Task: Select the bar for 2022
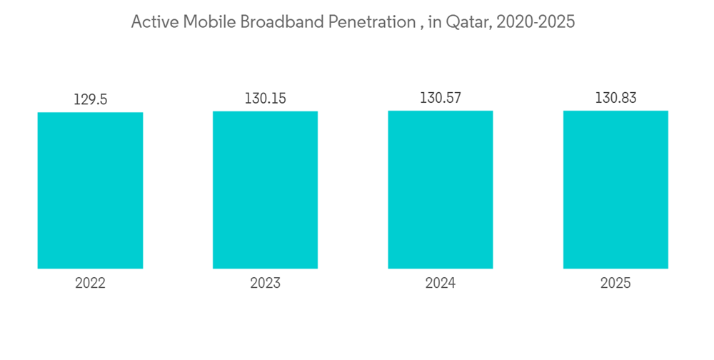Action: [x=90, y=190]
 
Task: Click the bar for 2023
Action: [x=265, y=190]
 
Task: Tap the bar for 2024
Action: [x=441, y=189]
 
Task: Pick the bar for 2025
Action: [x=615, y=189]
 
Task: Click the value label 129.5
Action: [x=90, y=100]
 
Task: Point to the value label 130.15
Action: [x=265, y=99]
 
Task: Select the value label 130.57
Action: [x=441, y=98]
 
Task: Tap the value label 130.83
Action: [x=615, y=98]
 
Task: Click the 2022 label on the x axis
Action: [x=90, y=284]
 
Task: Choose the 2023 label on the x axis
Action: [x=265, y=284]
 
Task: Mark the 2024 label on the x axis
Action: [x=441, y=284]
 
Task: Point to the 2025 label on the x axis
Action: [x=615, y=284]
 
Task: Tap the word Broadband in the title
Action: [x=281, y=22]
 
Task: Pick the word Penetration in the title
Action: [x=371, y=22]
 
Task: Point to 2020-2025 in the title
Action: [x=536, y=22]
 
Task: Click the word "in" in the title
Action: [x=434, y=22]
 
